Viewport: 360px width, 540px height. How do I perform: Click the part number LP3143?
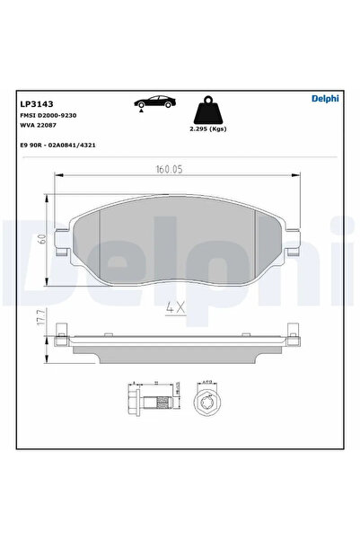pos(34,102)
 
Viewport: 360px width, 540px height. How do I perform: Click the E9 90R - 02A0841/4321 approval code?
pos(60,145)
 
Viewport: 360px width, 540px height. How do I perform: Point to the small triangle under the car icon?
pos(139,108)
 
